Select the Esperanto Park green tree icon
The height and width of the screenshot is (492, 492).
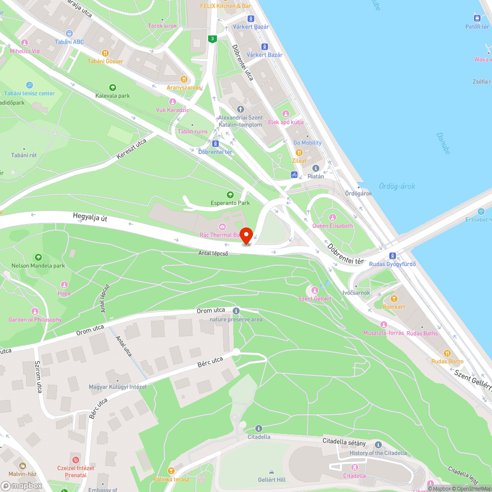click(230, 195)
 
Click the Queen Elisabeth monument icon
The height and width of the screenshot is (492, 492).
click(333, 217)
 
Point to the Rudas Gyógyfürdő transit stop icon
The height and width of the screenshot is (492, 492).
click(392, 255)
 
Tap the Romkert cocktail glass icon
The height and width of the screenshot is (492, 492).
click(394, 299)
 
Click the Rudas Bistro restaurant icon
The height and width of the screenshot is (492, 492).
click(447, 353)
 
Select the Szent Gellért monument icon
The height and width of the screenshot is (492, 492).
click(315, 290)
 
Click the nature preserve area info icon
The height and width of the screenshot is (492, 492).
click(236, 311)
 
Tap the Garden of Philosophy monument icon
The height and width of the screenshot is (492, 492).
click(35, 311)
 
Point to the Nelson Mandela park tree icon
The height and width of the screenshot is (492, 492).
click(38, 257)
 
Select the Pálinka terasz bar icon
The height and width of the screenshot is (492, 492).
click(171, 471)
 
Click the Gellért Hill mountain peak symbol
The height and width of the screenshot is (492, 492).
click(271, 471)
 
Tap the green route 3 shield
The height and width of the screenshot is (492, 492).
click(212, 39)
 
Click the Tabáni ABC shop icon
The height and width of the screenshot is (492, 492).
click(69, 33)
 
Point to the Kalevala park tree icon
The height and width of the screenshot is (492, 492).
click(113, 87)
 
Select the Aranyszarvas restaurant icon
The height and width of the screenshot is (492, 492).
click(184, 79)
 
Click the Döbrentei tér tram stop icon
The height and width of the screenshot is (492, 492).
click(215, 144)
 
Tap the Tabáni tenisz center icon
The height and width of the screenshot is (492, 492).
click(30, 85)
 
